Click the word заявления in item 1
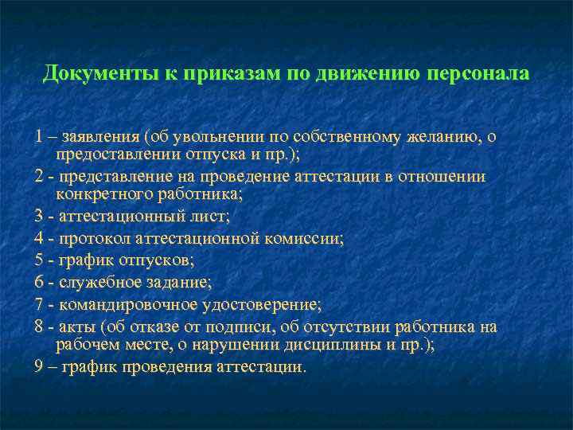[x=100, y=137]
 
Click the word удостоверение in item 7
[x=271, y=304]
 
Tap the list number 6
[x=39, y=282]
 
